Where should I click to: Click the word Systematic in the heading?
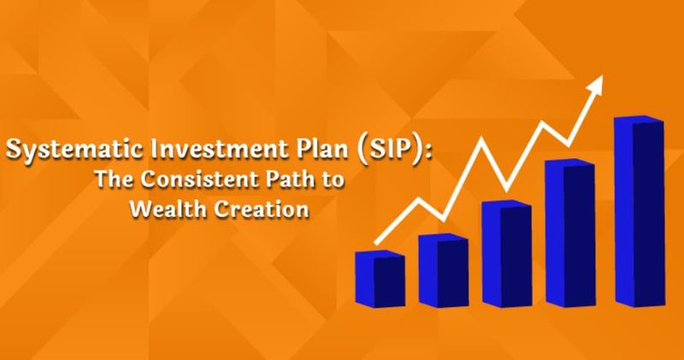pyautogui.click(x=74, y=150)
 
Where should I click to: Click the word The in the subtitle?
pyautogui.click(x=115, y=179)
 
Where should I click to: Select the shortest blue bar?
pyautogui.click(x=380, y=279)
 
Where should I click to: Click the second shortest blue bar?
pyautogui.click(x=444, y=270)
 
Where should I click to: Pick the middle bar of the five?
pyautogui.click(x=507, y=254)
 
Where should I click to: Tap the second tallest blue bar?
pyautogui.click(x=570, y=233)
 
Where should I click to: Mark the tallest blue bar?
pyautogui.click(x=640, y=211)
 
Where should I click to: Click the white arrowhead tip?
pyautogui.click(x=603, y=75)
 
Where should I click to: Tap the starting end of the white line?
pyautogui.click(x=376, y=243)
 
